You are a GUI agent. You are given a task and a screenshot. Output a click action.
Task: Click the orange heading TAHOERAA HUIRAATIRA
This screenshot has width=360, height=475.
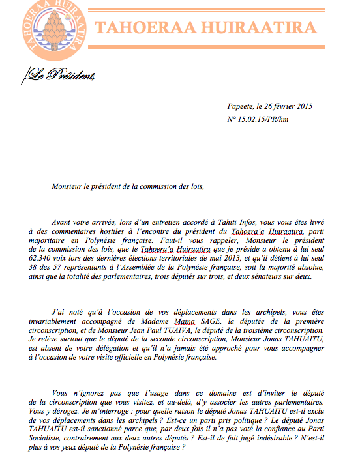click(206, 28)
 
